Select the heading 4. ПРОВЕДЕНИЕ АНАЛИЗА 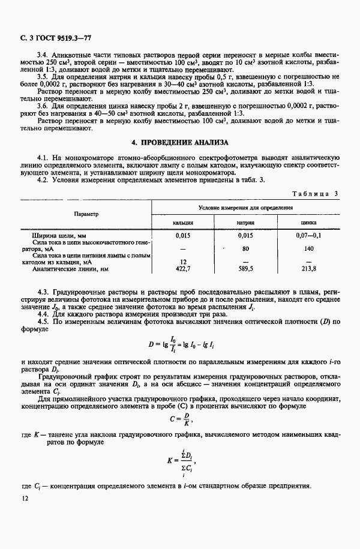click(180, 143)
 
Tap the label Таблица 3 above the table click(315, 193)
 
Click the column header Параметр click(86, 214)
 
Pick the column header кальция click(182, 222)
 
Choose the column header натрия click(245, 222)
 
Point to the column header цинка click(308, 222)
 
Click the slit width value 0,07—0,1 click(308, 235)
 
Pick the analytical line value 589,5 click(245, 269)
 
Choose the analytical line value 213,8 click(309, 269)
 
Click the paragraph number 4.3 click(43, 291)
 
